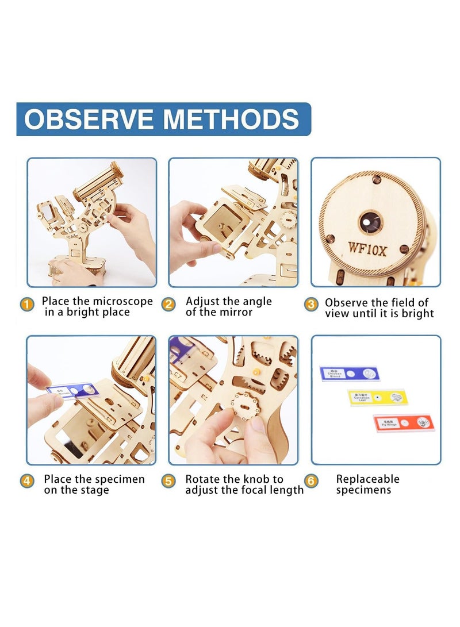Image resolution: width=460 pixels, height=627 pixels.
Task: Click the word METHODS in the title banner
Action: click(x=231, y=119)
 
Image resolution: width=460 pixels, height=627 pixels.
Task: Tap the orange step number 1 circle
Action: click(x=27, y=305)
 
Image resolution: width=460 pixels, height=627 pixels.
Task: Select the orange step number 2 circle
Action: click(x=168, y=305)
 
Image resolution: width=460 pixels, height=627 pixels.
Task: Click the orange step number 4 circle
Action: click(x=27, y=481)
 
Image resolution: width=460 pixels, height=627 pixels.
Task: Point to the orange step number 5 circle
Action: click(x=168, y=481)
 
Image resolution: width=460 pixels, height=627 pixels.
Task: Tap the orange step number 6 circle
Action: click(x=311, y=481)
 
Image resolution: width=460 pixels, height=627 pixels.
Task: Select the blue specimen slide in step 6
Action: click(x=350, y=374)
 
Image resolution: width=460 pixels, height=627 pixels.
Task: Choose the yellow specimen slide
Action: click(x=377, y=397)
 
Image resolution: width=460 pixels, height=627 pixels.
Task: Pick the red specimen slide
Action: click(x=404, y=423)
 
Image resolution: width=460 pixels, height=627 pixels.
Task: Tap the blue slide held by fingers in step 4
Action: click(x=73, y=391)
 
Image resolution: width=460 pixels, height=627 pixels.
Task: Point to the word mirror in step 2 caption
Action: click(x=236, y=313)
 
